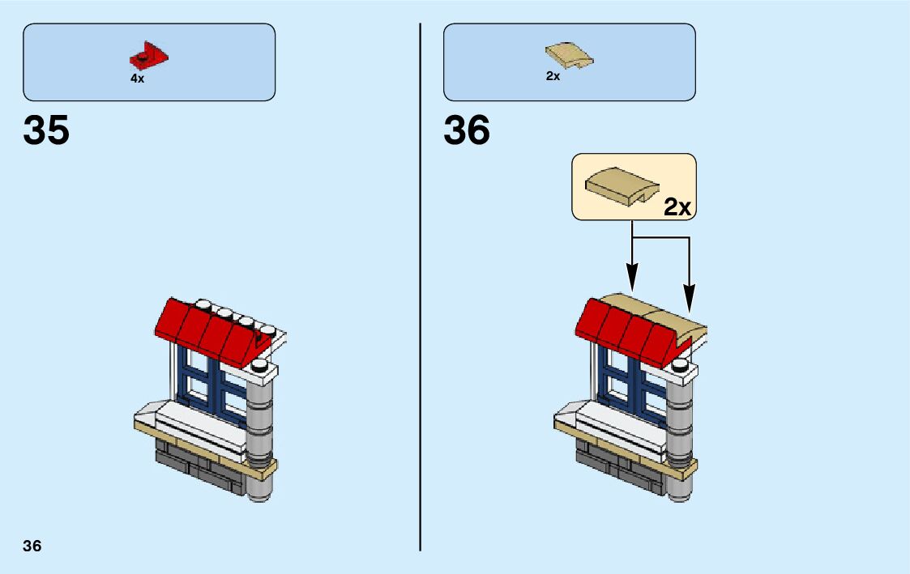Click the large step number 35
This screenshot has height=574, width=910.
pos(46,130)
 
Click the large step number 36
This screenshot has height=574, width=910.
pos(467,130)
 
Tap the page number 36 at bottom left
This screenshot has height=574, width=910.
pos(32,545)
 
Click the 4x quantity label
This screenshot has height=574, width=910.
pos(137,79)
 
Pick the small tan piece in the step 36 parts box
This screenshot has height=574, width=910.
pos(569,56)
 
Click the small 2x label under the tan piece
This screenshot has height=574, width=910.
pos(553,76)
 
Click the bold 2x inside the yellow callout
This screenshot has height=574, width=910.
pos(677,207)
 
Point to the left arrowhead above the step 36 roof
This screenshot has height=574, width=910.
pos(632,283)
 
